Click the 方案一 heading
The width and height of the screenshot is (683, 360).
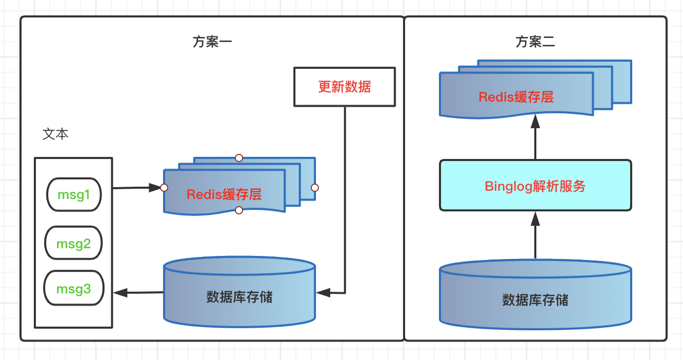click(212, 42)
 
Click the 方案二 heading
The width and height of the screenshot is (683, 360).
click(535, 42)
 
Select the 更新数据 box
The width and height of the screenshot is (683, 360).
click(345, 87)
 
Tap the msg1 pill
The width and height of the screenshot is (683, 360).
click(74, 194)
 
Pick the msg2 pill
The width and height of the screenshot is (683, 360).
click(73, 243)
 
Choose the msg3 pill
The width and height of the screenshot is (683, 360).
click(74, 288)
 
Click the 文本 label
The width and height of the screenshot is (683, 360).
click(55, 134)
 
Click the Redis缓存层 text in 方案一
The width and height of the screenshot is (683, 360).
click(224, 194)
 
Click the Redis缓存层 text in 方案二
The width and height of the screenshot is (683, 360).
click(516, 97)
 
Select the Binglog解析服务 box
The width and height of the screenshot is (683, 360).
click(535, 185)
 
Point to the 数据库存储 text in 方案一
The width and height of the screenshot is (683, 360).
click(239, 297)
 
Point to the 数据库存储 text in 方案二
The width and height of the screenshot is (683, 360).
click(535, 300)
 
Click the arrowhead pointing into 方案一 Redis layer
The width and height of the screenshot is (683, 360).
click(155, 188)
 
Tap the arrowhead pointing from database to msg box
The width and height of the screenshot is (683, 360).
click(120, 293)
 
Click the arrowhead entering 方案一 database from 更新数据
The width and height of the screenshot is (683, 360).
click(324, 293)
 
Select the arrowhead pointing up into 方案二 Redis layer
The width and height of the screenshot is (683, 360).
click(535, 122)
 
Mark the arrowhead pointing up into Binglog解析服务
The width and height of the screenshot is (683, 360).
click(535, 219)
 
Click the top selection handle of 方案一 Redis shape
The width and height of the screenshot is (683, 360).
click(239, 158)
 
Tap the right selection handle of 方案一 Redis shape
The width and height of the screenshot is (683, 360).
click(315, 188)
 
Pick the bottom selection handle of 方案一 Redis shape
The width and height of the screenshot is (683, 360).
click(239, 210)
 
